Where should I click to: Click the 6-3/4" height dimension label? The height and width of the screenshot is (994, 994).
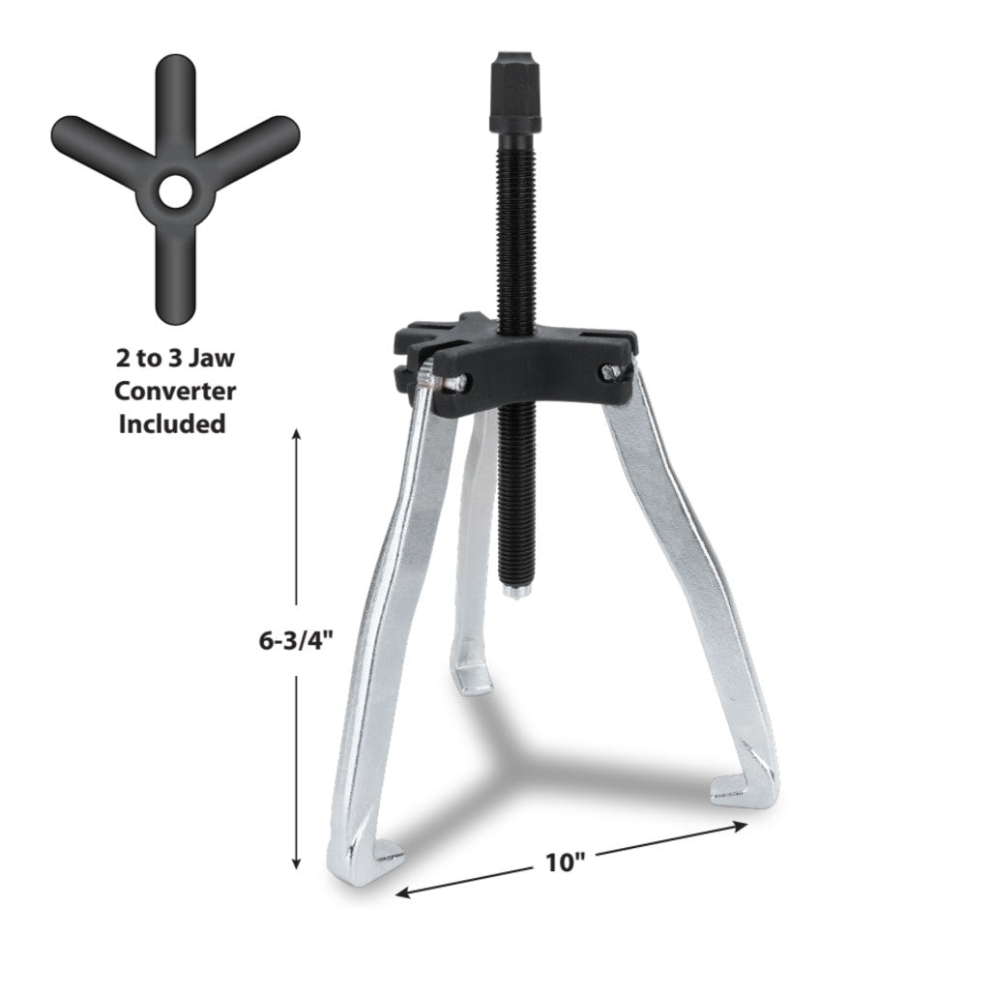296,641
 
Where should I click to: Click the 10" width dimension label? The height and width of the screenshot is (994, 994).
565,862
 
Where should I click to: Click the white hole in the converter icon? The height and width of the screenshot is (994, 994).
175,191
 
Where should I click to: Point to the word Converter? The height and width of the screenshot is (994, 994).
175,391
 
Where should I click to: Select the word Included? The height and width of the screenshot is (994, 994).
172,424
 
